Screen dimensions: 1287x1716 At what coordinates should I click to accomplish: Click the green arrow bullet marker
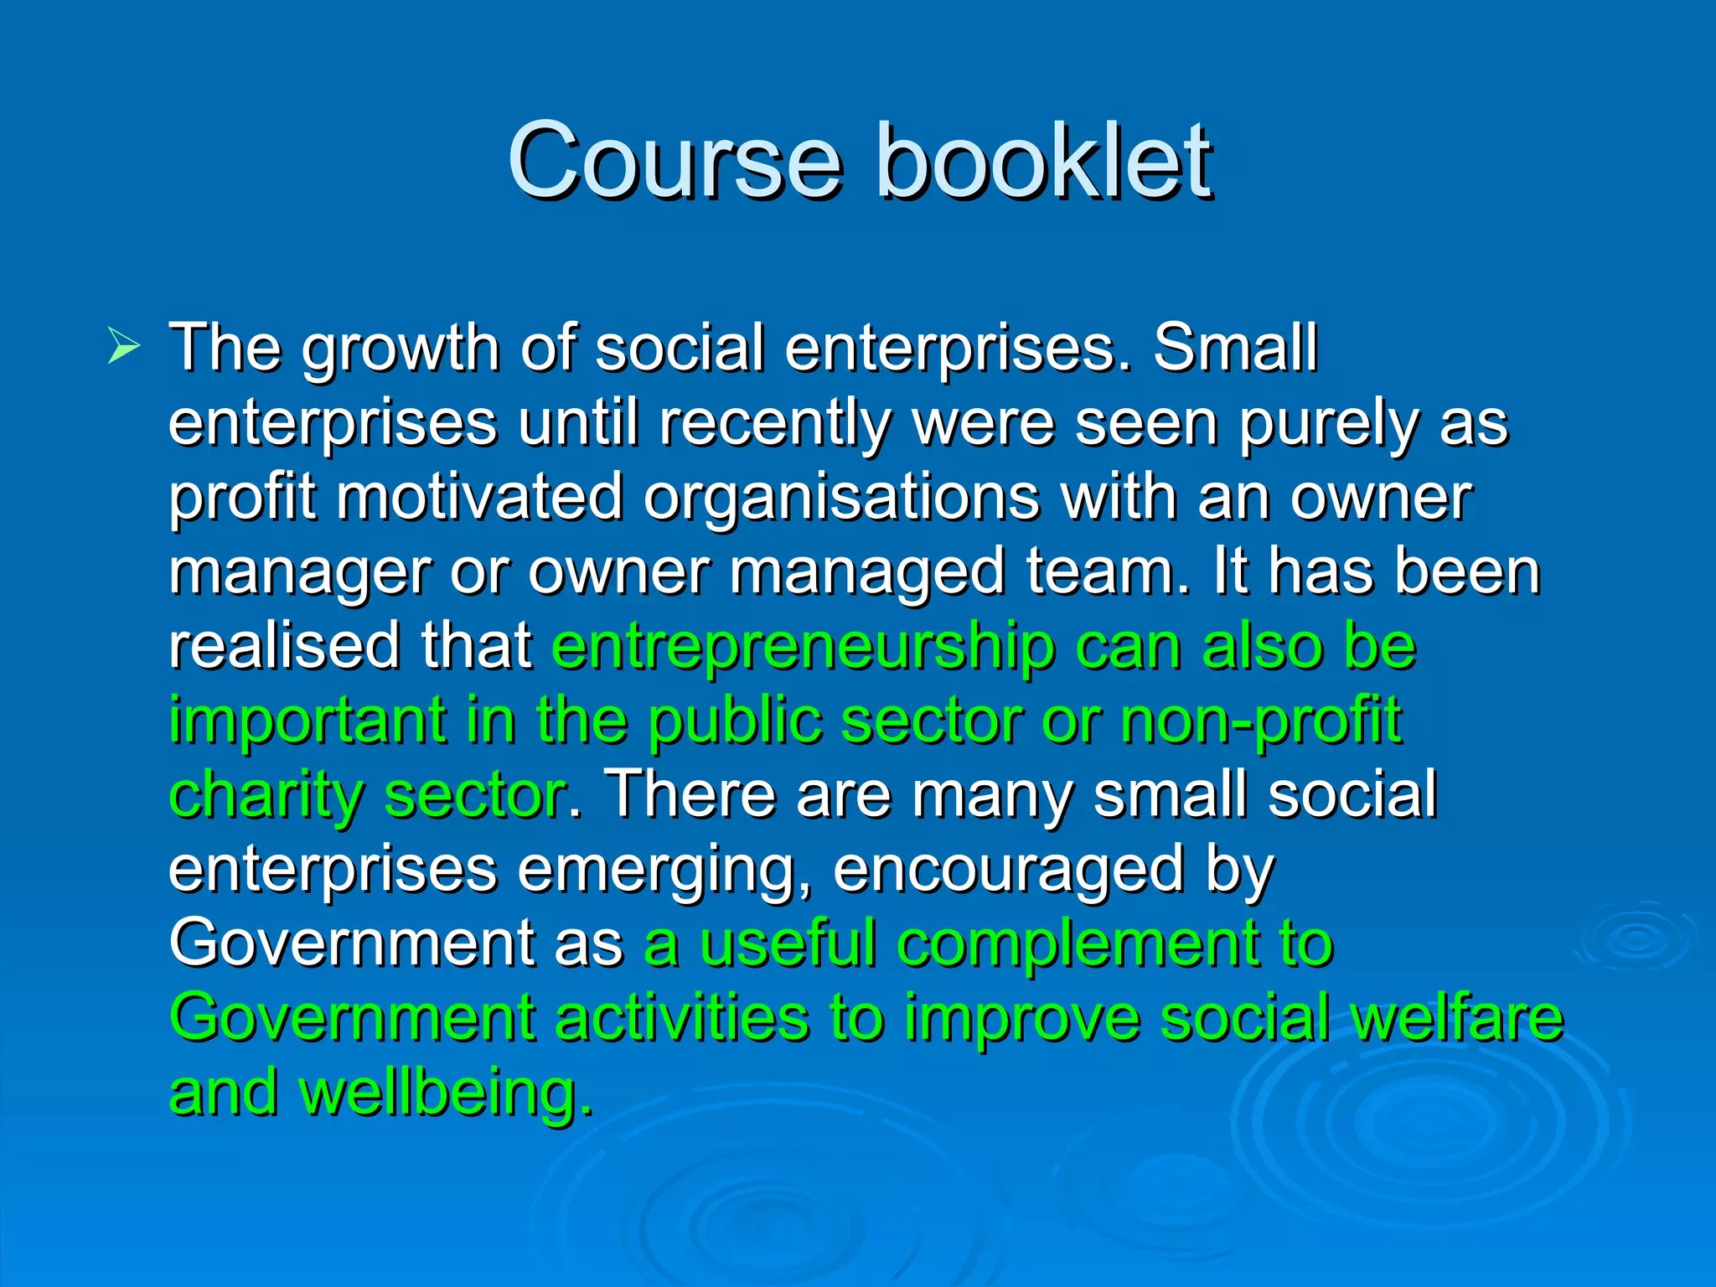(123, 347)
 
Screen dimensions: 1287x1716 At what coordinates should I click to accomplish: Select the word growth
(401, 349)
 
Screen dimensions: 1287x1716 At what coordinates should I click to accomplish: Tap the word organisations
(841, 498)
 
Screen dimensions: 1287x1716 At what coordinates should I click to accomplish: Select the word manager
(299, 572)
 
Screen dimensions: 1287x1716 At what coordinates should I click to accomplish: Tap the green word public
(735, 721)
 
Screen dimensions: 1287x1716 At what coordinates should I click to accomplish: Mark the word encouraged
(1008, 871)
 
